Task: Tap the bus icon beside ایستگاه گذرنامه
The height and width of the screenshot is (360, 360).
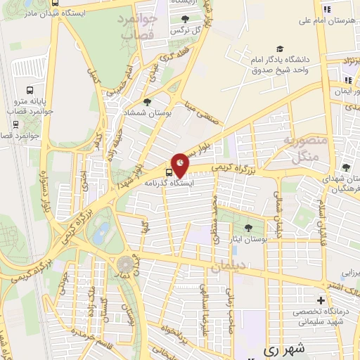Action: (169, 172)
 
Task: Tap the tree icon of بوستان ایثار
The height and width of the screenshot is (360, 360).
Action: (247, 227)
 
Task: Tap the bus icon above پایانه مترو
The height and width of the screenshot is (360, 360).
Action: (30, 90)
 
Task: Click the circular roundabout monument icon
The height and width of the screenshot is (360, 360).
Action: (125, 264)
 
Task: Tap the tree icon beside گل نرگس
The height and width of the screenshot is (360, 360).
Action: (184, 19)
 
